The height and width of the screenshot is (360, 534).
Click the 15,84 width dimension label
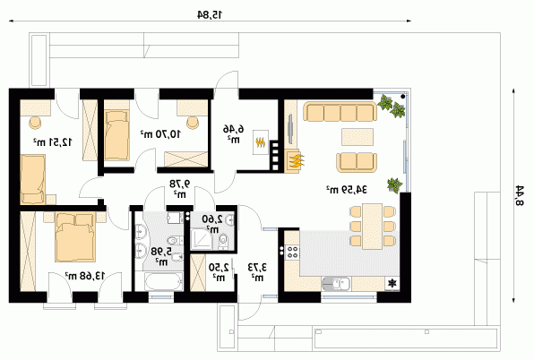point(210,14)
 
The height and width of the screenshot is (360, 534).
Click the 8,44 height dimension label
point(520,195)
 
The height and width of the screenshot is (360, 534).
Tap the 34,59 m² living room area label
point(347,189)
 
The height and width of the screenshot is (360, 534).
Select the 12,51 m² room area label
point(53,141)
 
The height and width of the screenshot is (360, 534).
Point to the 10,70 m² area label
point(160,134)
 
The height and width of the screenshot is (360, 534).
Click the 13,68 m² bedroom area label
point(85,276)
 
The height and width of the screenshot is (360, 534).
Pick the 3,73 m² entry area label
point(257,272)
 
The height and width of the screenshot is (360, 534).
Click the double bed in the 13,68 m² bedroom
point(75,237)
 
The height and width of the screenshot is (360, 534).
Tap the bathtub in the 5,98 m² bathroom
point(164,281)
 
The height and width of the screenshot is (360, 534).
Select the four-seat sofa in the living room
point(340,111)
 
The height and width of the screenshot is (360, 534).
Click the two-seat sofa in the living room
point(357,162)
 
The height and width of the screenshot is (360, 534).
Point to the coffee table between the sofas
point(357,137)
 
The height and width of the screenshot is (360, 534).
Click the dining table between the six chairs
point(372,227)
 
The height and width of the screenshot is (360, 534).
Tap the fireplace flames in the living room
point(297,160)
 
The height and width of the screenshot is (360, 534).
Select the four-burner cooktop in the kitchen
point(292,253)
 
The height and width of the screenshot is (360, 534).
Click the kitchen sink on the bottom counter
point(336,284)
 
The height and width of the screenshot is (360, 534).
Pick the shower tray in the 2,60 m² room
point(201,239)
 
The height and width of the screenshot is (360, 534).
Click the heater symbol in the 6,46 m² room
point(261,141)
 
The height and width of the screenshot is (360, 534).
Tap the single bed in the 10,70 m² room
point(116,134)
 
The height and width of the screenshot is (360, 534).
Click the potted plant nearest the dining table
point(395,185)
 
